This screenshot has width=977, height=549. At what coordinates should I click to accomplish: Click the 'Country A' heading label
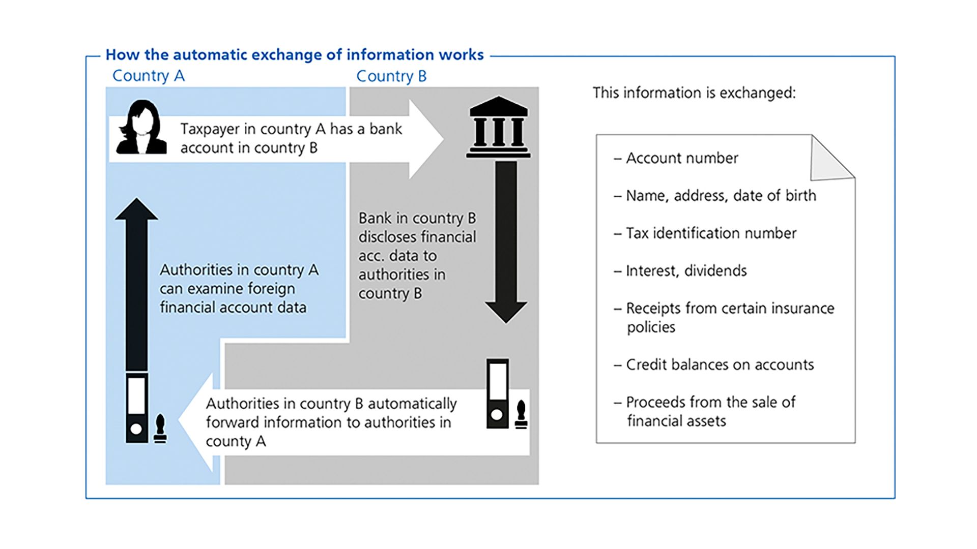(x=148, y=76)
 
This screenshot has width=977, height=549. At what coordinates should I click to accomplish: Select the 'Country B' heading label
(x=391, y=76)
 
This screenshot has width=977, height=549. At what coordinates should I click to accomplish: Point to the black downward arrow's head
(x=506, y=311)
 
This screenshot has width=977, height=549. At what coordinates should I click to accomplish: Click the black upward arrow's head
(x=136, y=209)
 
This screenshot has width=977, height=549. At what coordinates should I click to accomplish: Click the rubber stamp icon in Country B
(x=521, y=414)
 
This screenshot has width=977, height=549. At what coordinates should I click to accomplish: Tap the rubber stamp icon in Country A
(x=160, y=429)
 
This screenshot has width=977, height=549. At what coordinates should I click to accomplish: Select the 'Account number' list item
(x=681, y=158)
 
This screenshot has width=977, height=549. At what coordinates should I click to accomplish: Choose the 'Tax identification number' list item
(x=710, y=233)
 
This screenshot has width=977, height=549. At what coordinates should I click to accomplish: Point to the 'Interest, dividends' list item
(x=686, y=271)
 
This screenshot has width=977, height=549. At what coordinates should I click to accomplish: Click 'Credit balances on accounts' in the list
(x=720, y=364)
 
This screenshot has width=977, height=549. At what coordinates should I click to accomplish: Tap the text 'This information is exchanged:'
(x=694, y=93)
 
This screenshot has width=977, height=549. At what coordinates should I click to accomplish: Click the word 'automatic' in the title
(x=212, y=55)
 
